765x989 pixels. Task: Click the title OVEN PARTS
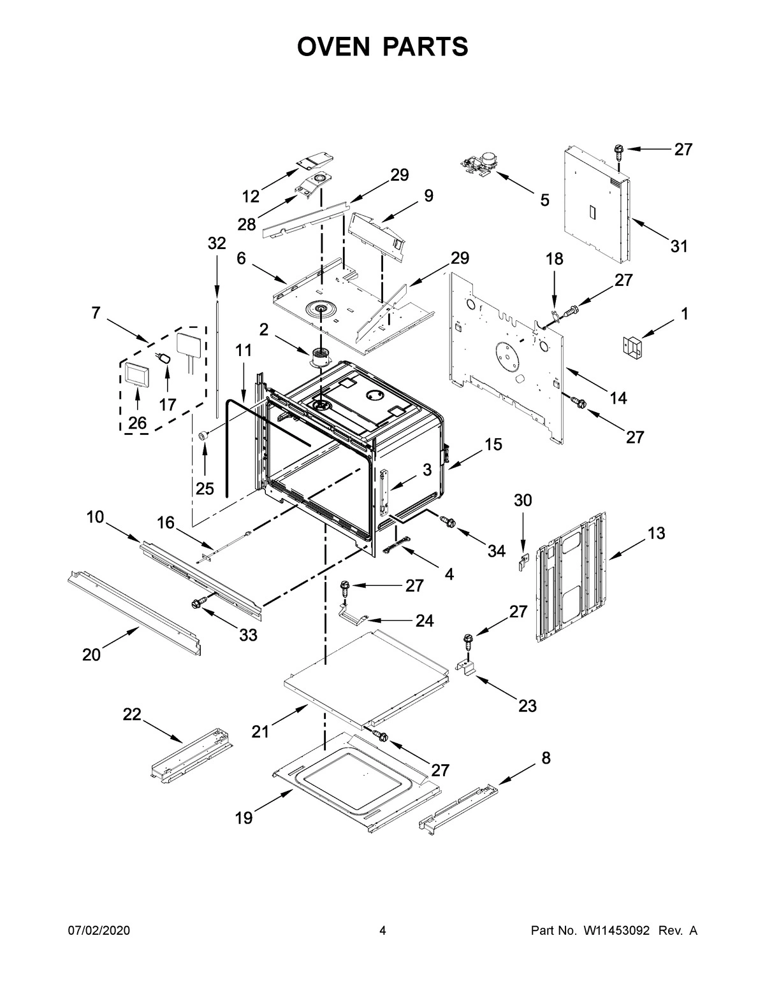click(382, 47)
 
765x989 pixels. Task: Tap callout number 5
click(544, 200)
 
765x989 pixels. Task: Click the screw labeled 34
click(448, 522)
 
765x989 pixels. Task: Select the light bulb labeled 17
click(165, 360)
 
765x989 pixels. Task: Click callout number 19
click(244, 818)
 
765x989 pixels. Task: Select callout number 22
click(132, 715)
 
